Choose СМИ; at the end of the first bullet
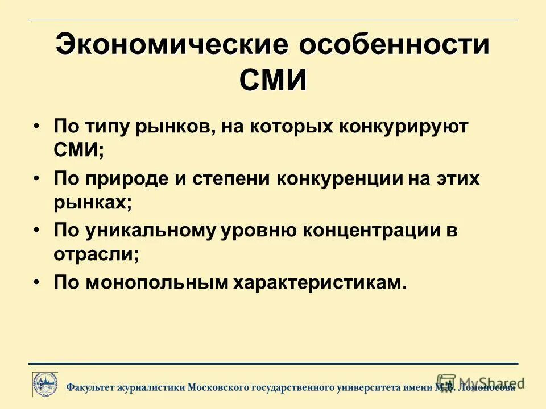click(79, 151)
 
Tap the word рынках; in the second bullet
click(93, 203)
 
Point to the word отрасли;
click(97, 255)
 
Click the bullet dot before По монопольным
click(37, 282)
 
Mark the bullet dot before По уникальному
click(37, 230)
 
